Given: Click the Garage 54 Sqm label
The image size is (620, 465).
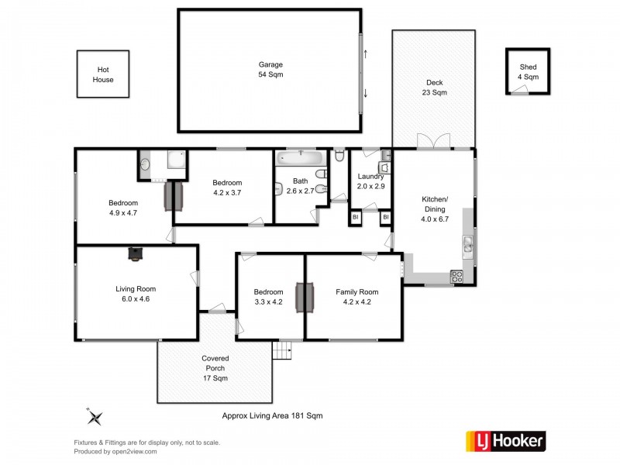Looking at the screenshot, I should (270, 70).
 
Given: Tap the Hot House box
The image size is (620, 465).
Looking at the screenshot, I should (103, 74).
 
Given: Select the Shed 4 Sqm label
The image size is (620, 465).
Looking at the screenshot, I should (528, 72).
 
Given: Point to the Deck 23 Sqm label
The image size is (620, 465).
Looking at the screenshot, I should (435, 88).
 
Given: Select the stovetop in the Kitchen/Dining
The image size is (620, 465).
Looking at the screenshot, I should (457, 277).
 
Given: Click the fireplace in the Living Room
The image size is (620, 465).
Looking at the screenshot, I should (136, 252).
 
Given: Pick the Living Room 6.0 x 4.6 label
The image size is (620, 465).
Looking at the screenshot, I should (136, 294).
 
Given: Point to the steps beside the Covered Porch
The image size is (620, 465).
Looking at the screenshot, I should (283, 351).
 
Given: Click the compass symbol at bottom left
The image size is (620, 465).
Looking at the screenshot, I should (96, 417).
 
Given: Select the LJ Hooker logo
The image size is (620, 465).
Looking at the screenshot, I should (505, 442).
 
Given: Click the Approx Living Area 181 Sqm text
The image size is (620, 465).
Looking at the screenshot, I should (272, 416).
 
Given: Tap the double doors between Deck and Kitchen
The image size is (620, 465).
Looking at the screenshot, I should (434, 142).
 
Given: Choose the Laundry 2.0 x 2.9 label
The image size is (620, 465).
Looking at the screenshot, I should (370, 181).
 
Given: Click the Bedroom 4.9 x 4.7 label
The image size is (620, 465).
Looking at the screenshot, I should (122, 208).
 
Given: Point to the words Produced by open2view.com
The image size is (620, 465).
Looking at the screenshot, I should (115, 451).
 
